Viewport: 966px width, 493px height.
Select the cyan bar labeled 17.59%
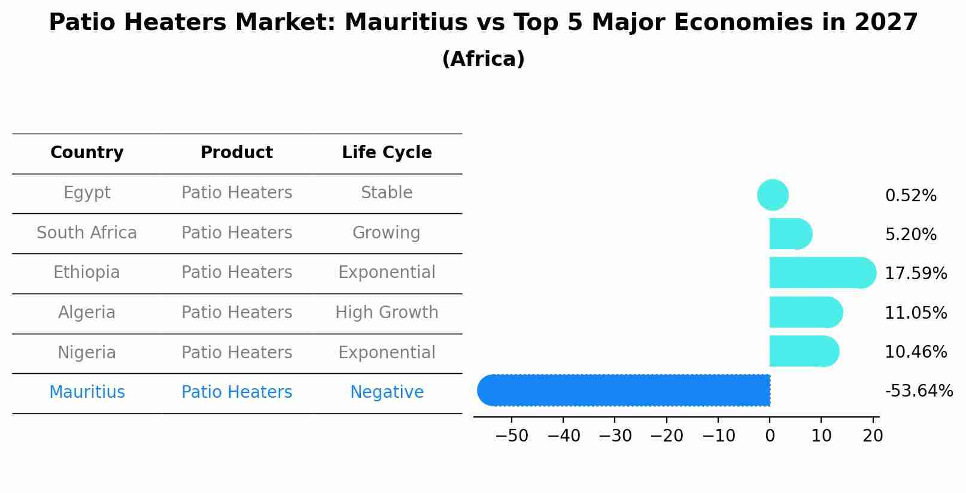[x=821, y=273]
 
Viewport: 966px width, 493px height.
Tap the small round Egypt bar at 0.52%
[x=773, y=195]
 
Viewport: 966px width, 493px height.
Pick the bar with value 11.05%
[x=805, y=312]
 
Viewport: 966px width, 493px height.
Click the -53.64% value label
[x=918, y=391]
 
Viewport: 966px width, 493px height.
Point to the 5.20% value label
[x=910, y=234]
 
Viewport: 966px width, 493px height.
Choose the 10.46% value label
[x=915, y=352]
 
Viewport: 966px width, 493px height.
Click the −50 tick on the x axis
[x=512, y=436]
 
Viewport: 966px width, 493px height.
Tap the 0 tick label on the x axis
[x=770, y=436]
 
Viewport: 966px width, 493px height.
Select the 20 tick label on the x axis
[x=873, y=436]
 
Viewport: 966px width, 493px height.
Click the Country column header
[x=87, y=153]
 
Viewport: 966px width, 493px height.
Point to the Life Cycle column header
[x=387, y=153]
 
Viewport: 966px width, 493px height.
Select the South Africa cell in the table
[x=87, y=232]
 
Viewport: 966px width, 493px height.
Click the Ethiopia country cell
[x=87, y=273]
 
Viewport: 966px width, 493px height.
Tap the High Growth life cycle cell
[x=387, y=312]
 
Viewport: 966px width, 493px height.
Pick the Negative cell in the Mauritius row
[x=387, y=392]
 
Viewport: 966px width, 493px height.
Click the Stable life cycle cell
[x=387, y=193]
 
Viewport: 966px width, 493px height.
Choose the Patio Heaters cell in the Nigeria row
[x=236, y=352]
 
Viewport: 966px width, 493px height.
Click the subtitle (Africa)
[x=483, y=59]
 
